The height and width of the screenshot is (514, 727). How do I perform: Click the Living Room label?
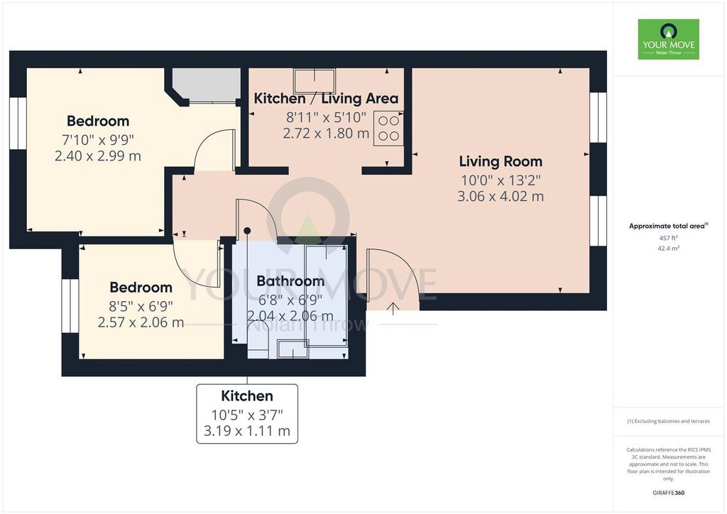point(501,161)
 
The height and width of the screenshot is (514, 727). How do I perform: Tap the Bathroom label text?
point(290,281)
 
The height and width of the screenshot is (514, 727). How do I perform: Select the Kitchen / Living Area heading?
point(326,98)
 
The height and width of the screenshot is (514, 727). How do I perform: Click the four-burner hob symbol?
point(388,128)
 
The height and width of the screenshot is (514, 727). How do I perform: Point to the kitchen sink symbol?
point(315,81)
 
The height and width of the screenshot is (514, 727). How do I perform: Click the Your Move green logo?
point(668,39)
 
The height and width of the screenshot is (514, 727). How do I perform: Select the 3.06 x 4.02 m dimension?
point(501,196)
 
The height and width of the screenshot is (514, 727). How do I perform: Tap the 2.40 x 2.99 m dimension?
point(98,155)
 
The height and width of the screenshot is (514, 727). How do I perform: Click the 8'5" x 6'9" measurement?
point(141,306)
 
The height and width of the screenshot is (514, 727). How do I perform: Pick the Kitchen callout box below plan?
point(247,413)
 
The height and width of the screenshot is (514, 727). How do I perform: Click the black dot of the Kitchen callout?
point(247,231)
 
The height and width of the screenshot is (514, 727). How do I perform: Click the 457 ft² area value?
point(668,238)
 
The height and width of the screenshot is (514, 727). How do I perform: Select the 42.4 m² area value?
point(668,248)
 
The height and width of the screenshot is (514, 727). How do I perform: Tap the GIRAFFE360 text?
point(668,493)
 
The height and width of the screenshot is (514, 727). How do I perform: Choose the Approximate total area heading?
point(668,226)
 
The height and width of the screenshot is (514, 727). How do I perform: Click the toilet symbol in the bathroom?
point(258,340)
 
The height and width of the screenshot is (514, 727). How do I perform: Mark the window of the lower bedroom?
point(70,305)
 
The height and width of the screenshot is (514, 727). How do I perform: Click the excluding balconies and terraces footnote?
point(668,421)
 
